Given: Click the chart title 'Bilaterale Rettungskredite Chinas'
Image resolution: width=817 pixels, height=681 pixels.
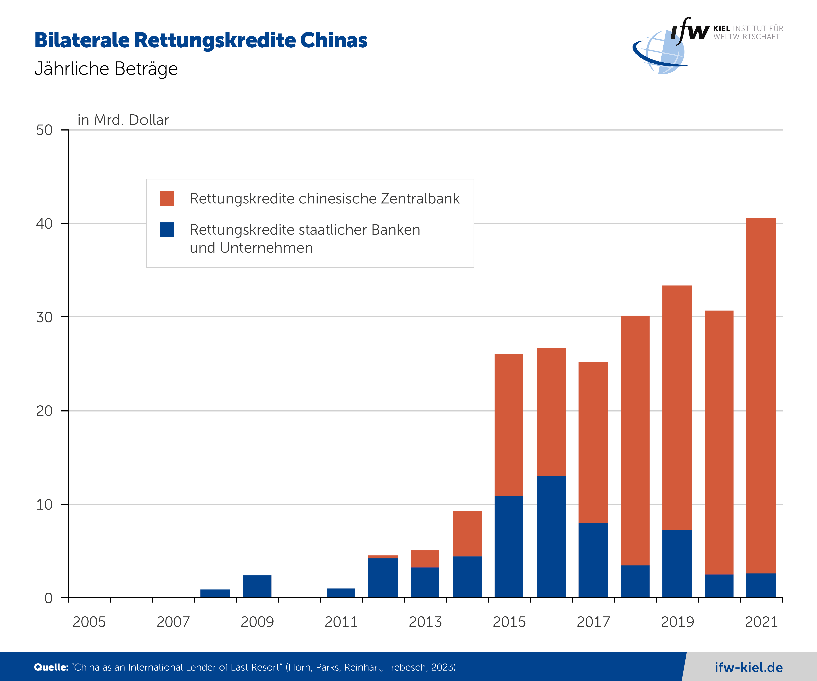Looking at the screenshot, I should pos(201,41).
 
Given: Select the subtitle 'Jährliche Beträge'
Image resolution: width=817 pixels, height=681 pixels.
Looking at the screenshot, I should pos(106,69).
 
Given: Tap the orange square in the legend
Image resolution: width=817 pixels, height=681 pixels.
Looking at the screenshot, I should pos(167,198).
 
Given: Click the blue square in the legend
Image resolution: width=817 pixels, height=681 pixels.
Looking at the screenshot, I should pos(167,230).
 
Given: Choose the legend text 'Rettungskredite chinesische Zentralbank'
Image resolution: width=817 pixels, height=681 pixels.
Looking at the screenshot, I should pos(325,198).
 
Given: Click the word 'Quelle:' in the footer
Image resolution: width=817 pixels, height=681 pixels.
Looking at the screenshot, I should pos(51,667).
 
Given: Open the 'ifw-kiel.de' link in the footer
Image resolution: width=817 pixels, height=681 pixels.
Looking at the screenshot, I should pos(749,667).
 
